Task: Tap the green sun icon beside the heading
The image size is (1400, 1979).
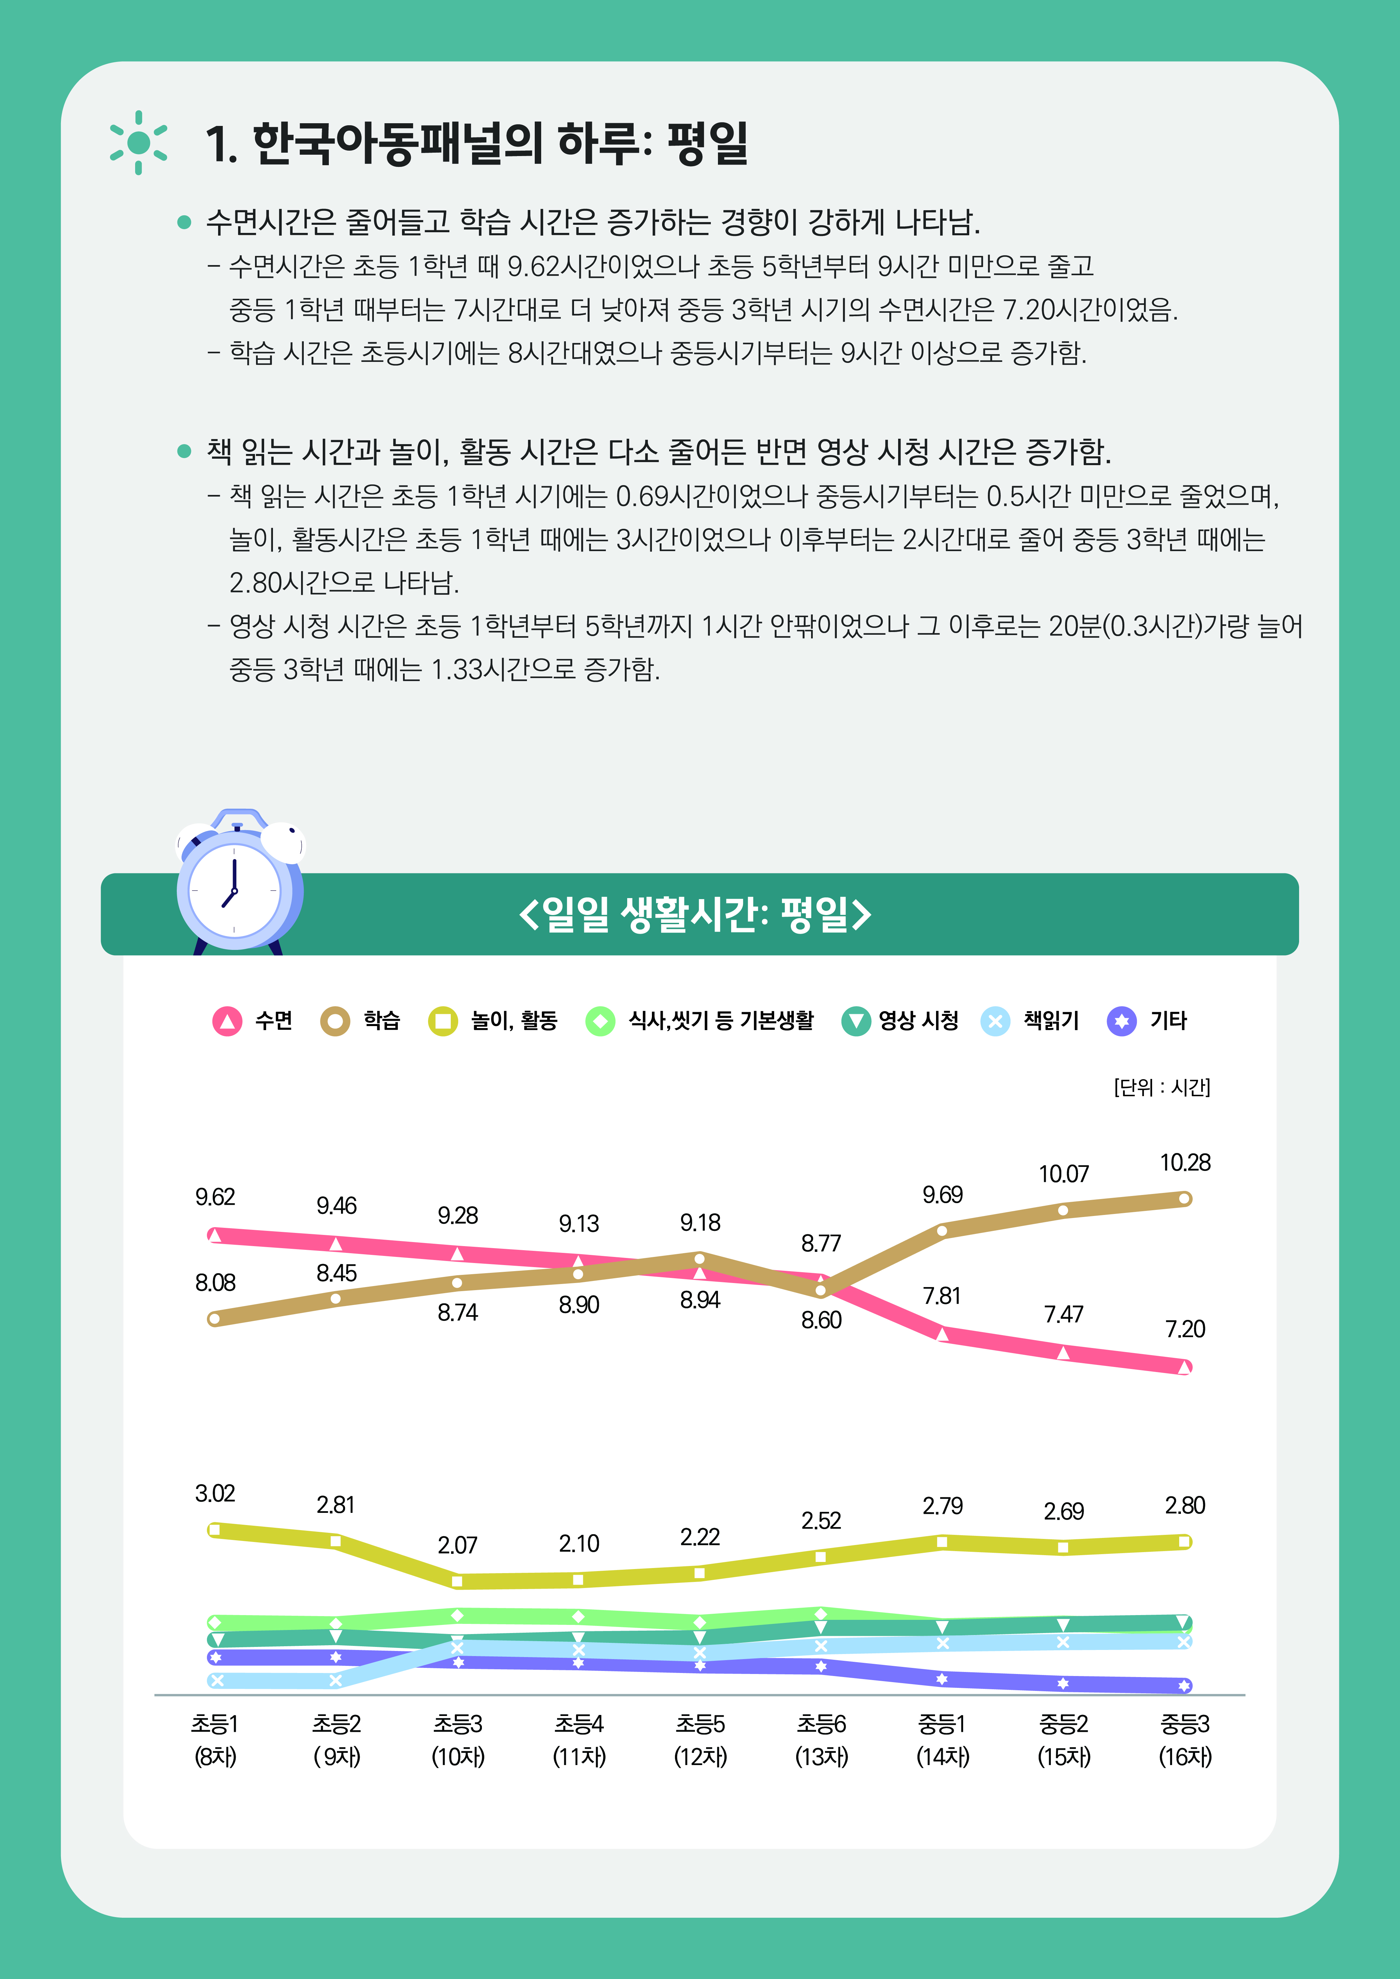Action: [138, 142]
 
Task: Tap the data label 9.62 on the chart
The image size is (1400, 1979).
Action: [215, 1197]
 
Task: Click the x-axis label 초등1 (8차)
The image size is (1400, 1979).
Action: [215, 1739]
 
